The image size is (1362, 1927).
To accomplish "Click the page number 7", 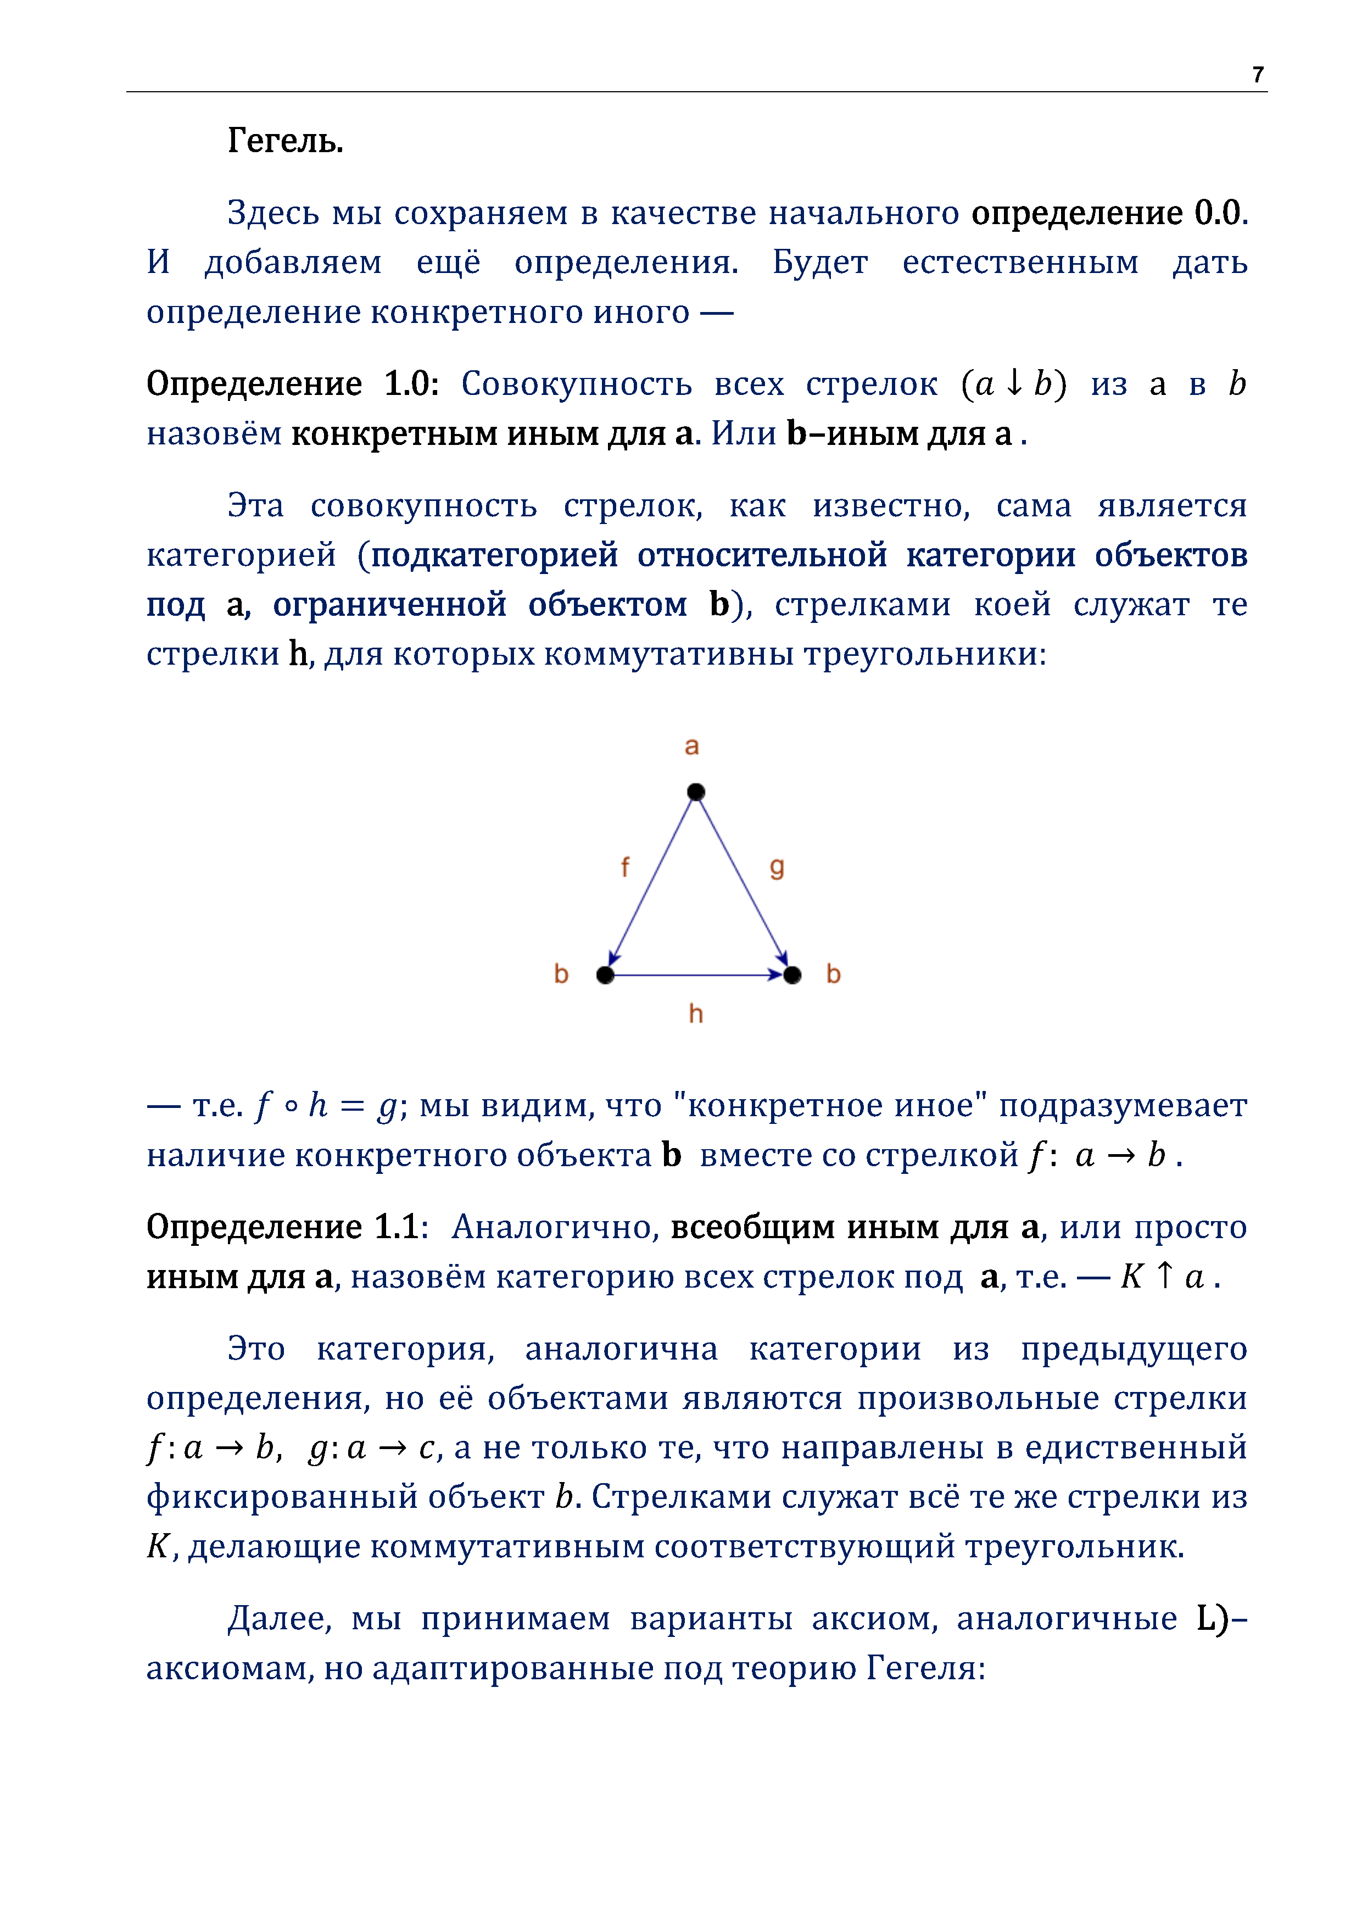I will pyautogui.click(x=1257, y=75).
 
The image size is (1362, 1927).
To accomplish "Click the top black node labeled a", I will pyautogui.click(x=696, y=792).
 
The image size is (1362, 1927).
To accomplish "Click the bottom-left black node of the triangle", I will pyautogui.click(x=605, y=974).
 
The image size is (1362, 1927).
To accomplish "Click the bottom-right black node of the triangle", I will pyautogui.click(x=792, y=974).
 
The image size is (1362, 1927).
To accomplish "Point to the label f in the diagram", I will pyautogui.click(x=624, y=867).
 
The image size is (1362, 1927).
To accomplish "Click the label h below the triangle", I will pyautogui.click(x=696, y=1014).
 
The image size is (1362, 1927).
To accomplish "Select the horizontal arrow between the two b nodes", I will pyautogui.click(x=696, y=974).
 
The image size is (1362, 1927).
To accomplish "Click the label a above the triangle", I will pyautogui.click(x=691, y=745).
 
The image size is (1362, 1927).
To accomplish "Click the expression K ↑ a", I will pyautogui.click(x=1162, y=1277).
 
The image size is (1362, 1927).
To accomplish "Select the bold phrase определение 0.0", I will pyautogui.click(x=1109, y=213).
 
